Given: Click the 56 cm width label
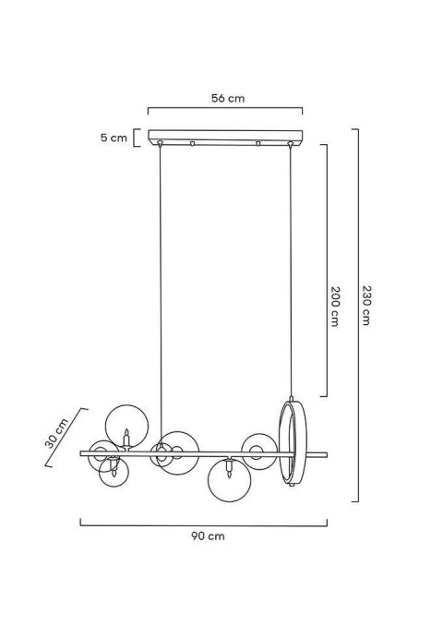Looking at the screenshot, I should (x=227, y=96).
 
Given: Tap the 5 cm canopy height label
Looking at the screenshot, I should (x=114, y=138).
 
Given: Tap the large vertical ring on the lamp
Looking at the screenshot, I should (x=291, y=444).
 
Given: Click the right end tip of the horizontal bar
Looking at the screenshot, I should (x=326, y=453).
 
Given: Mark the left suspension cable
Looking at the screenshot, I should (x=161, y=295).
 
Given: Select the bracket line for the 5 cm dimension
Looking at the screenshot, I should (x=135, y=138).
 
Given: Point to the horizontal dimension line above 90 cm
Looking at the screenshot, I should (x=203, y=524).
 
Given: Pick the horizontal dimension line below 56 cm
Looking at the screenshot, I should (x=227, y=109).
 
